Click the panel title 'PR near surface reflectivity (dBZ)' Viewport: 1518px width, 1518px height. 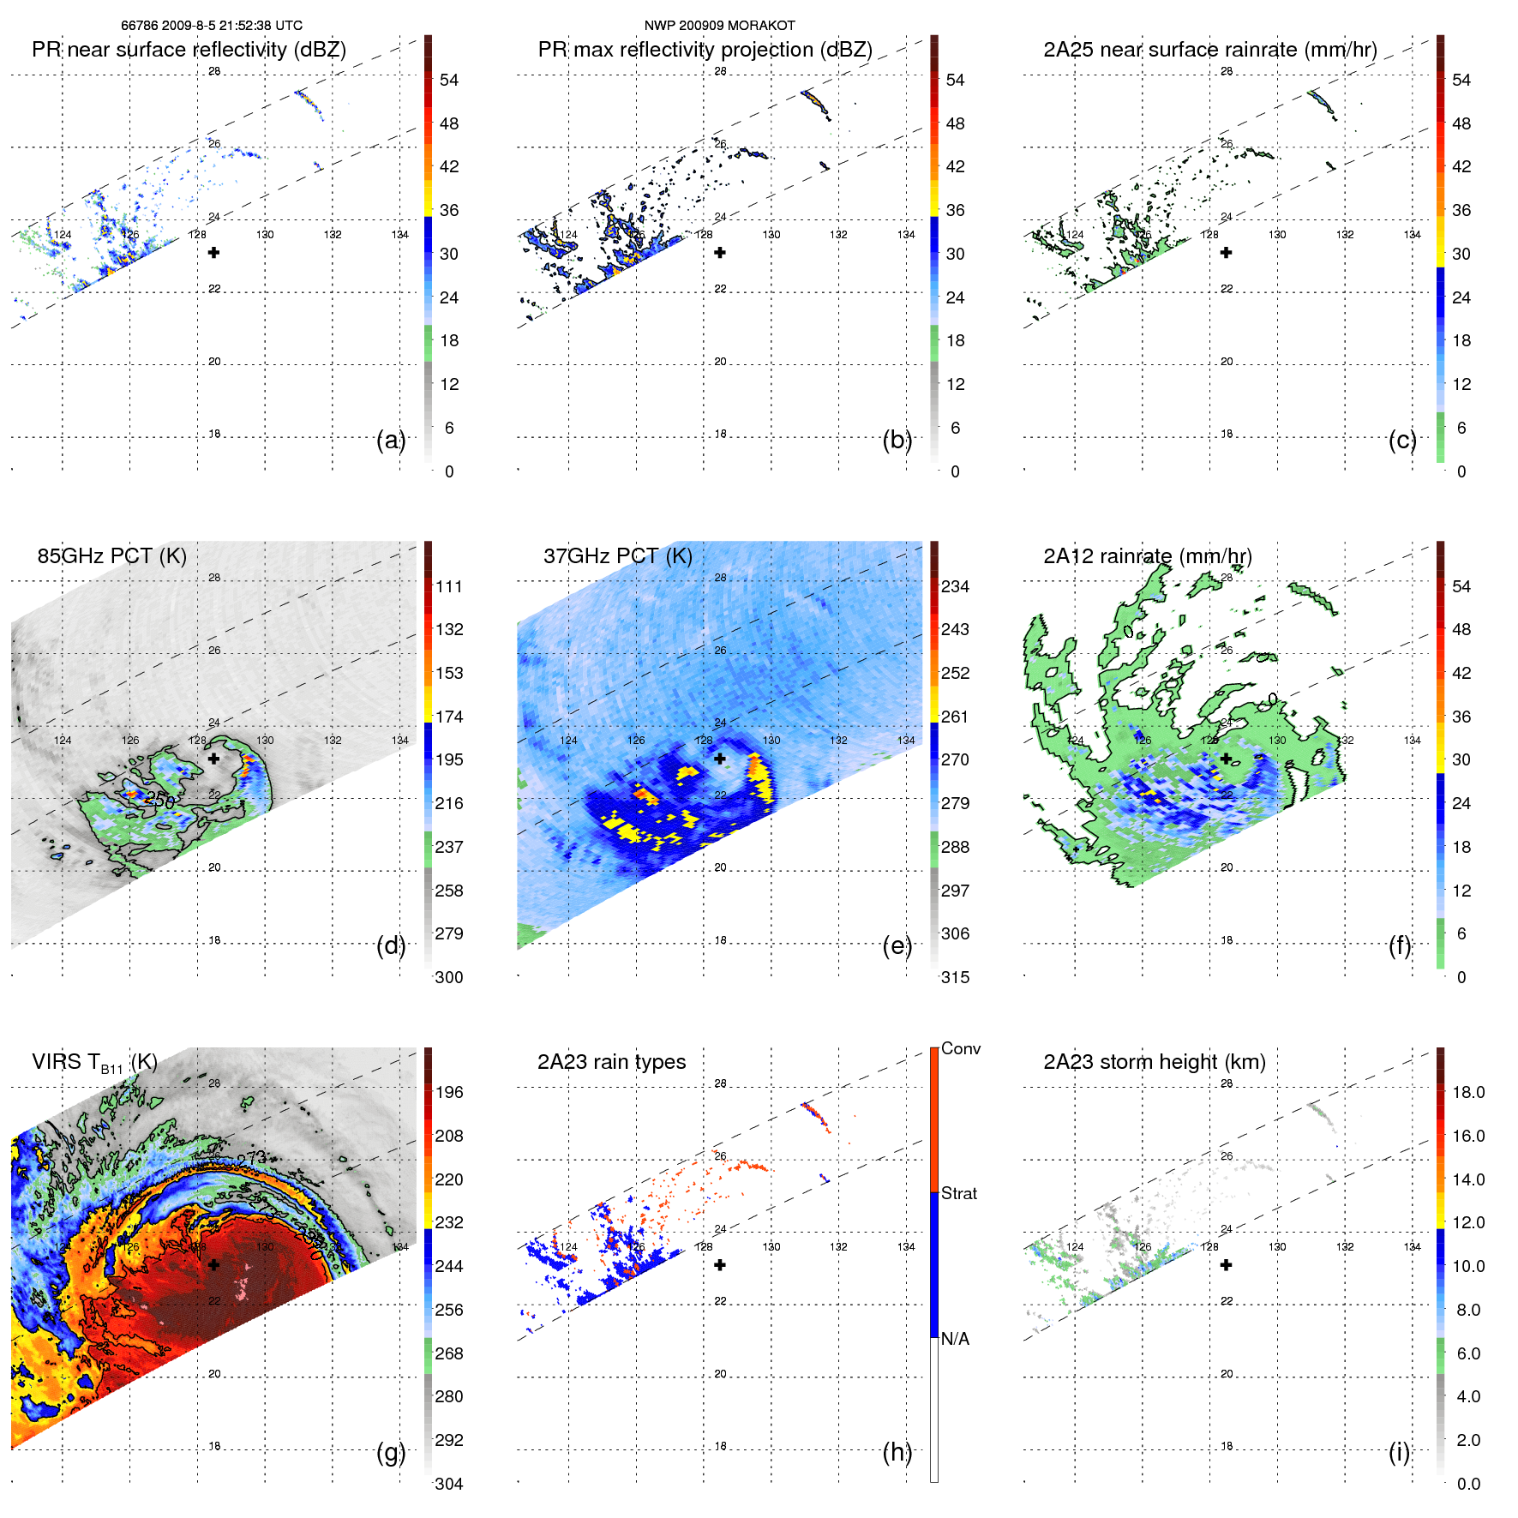pos(189,50)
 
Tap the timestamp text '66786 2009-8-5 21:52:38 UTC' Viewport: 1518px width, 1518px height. pos(211,26)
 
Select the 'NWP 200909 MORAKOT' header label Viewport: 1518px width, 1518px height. pos(719,26)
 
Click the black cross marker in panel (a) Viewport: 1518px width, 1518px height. pos(214,253)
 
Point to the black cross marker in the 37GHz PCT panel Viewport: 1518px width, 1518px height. pos(720,759)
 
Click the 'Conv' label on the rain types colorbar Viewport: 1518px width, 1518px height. pos(960,1048)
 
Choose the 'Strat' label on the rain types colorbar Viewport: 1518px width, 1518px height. pos(958,1193)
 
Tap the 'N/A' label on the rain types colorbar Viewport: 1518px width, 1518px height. pos(955,1339)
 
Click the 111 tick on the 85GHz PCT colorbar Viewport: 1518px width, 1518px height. pos(449,586)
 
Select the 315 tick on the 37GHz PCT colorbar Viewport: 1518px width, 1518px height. pos(955,977)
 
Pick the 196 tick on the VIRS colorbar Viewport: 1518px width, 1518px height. pos(449,1092)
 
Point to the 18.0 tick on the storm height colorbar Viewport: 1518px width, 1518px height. pos(1467,1092)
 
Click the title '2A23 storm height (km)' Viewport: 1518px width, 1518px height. pos(1154,1062)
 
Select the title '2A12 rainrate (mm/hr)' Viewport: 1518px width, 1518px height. pos(1147,556)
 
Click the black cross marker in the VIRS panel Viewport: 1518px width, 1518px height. pos(214,1264)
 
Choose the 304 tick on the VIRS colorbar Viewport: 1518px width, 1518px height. pos(449,1484)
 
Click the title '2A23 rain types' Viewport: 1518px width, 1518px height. pos(611,1062)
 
